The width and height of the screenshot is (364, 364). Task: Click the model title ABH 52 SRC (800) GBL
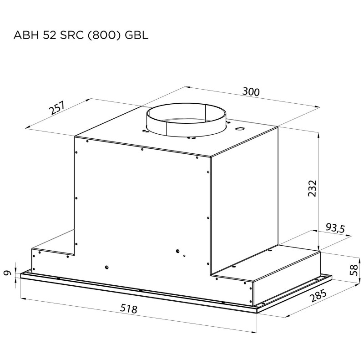(81, 35)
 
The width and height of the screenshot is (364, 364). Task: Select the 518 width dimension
(129, 309)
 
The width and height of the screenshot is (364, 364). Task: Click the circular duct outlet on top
(186, 120)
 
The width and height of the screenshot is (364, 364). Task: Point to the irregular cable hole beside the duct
(239, 129)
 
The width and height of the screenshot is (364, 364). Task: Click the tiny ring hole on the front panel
(185, 256)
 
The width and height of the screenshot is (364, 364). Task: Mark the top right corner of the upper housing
(278, 128)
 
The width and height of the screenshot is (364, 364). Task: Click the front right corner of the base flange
(257, 313)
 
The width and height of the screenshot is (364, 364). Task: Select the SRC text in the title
(72, 35)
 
